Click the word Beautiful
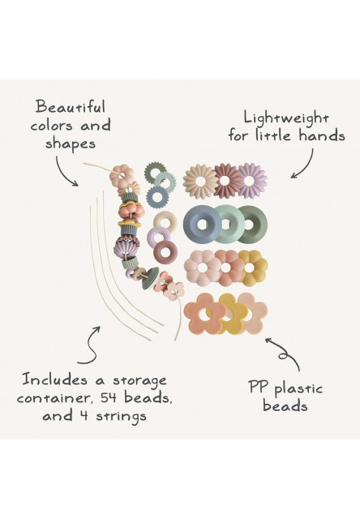coord(71,107)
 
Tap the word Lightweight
coord(286,118)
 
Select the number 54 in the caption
coord(109,397)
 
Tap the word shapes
coord(71,144)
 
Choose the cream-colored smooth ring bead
coord(165,221)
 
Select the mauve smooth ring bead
coord(165,251)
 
